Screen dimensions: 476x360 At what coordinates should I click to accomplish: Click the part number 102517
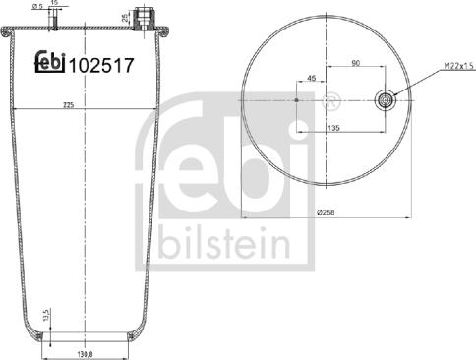(x=101, y=65)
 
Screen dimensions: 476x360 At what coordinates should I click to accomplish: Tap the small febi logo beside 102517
(x=50, y=62)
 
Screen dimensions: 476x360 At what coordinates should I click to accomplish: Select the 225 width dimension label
(x=68, y=105)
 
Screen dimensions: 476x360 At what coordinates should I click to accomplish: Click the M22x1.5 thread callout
(x=459, y=66)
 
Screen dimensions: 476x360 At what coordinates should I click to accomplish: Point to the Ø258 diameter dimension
(x=326, y=212)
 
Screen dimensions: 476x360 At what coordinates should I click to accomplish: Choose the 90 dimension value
(x=355, y=63)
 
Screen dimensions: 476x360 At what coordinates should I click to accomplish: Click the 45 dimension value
(x=312, y=78)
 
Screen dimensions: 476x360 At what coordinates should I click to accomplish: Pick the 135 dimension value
(x=333, y=128)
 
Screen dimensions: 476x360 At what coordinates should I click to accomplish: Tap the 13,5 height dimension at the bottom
(x=46, y=315)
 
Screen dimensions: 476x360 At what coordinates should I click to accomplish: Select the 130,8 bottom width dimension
(x=86, y=354)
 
